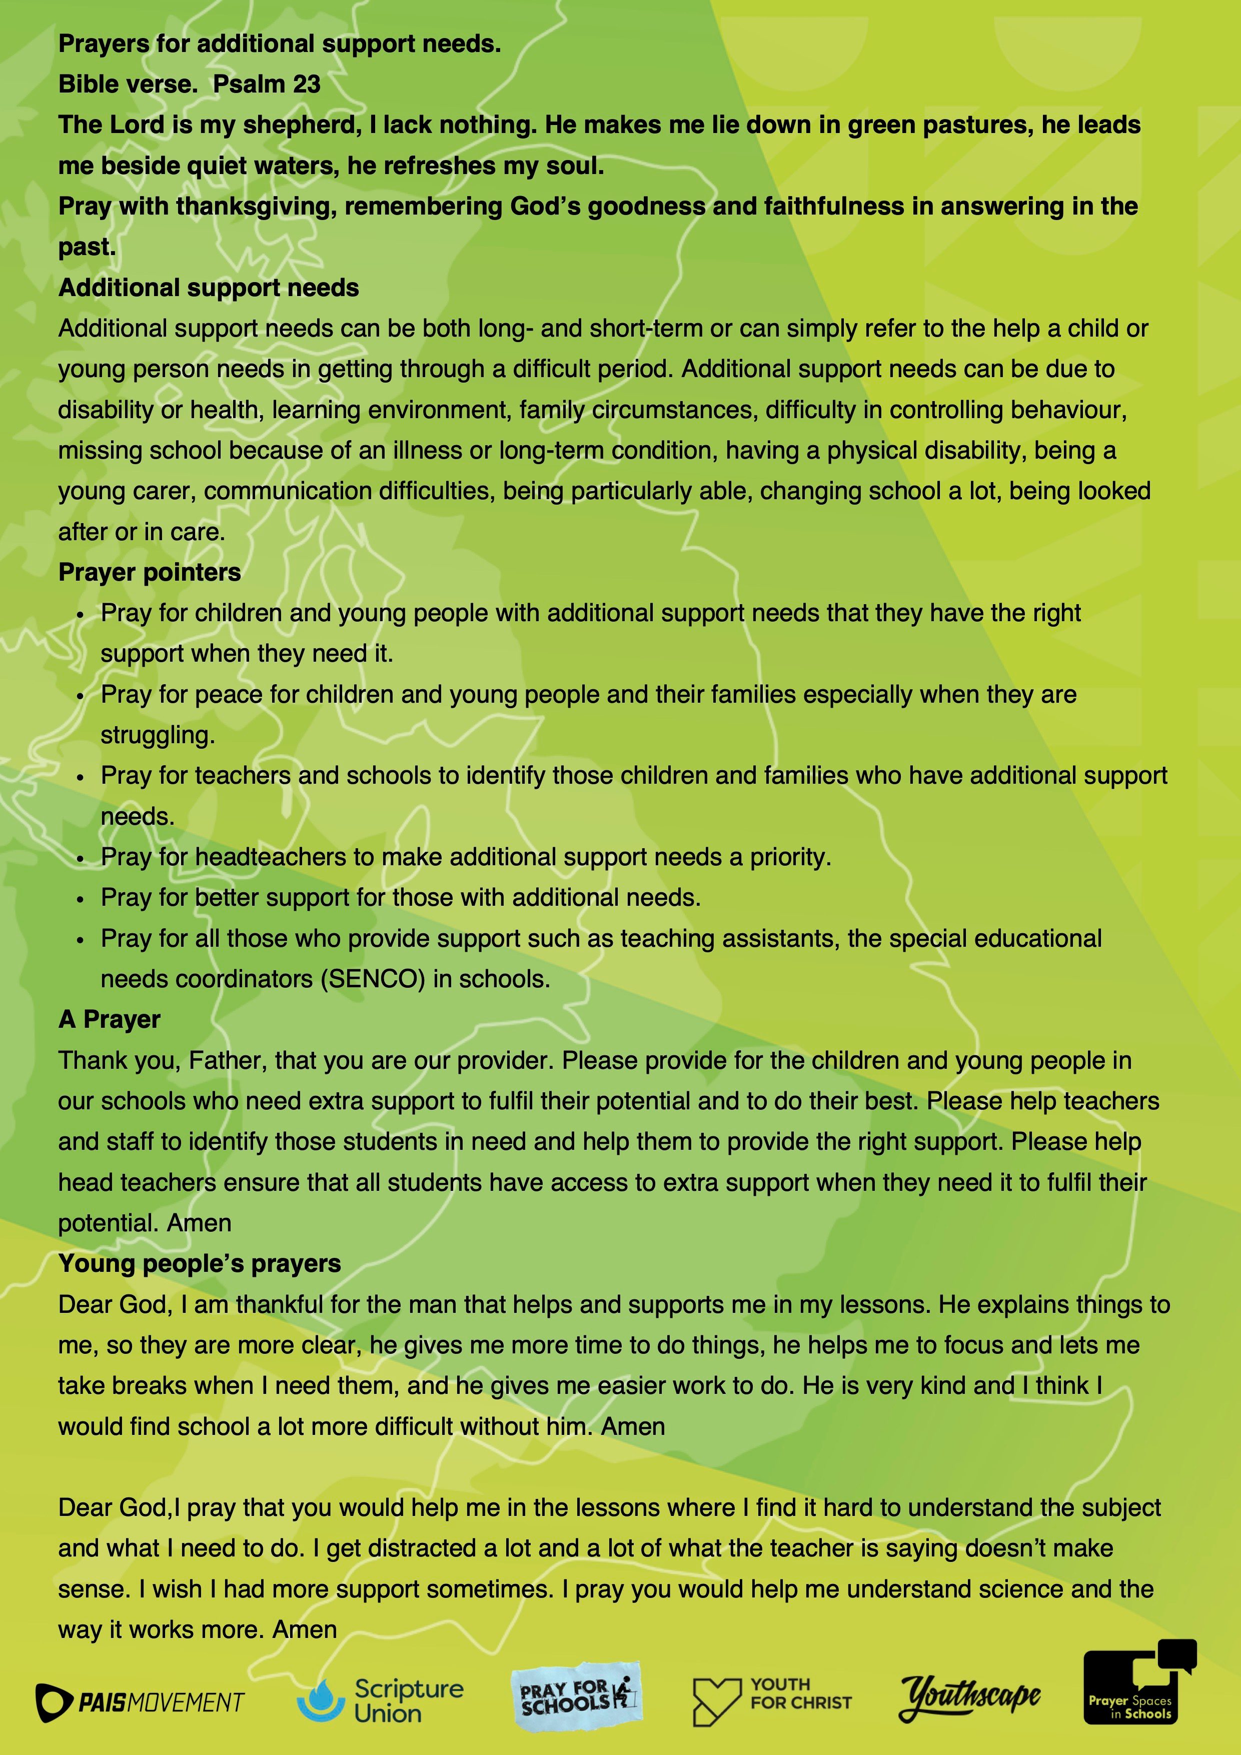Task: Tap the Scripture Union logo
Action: pyautogui.click(x=381, y=1700)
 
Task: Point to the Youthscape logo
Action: pyautogui.click(x=969, y=1698)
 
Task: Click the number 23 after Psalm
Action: pyautogui.click(x=306, y=84)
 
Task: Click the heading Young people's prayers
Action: pyautogui.click(x=200, y=1263)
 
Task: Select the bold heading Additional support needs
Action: pyautogui.click(x=208, y=288)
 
